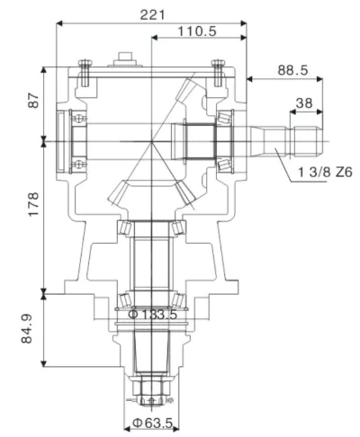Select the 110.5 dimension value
[197, 31]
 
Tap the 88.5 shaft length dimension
[290, 68]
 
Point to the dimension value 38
[305, 103]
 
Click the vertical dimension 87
[33, 101]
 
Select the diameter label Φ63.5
[153, 422]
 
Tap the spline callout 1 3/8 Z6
[321, 171]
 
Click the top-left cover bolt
[85, 70]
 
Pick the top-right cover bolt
[217, 70]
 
